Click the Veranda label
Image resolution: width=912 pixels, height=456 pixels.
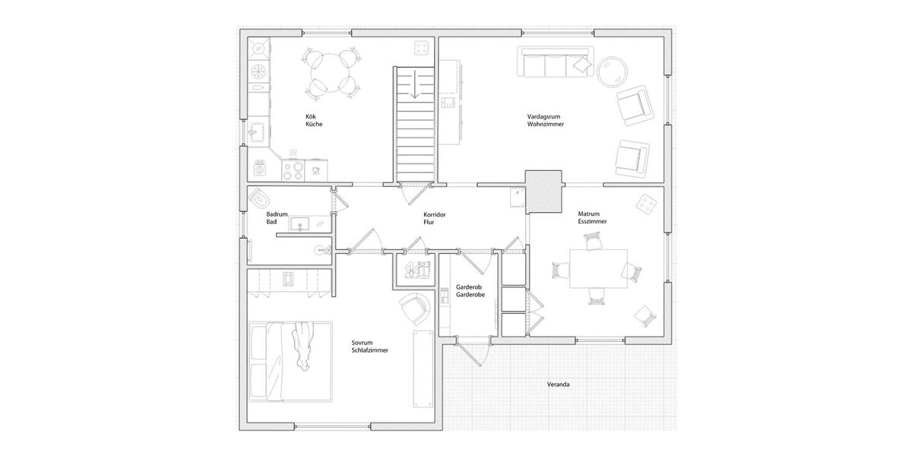559,385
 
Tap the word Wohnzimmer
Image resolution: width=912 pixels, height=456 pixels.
546,124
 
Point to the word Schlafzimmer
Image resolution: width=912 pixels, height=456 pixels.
370,350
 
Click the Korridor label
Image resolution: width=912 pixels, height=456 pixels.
435,215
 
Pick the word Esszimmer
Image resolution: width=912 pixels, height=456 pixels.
592,221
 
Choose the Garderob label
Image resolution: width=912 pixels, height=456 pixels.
467,288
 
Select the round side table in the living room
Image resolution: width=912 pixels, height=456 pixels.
613,73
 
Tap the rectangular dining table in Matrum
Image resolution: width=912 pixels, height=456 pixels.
598,268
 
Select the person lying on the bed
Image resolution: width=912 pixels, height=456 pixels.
302,344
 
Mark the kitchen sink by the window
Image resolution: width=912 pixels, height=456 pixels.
258,131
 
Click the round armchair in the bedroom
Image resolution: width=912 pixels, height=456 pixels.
414,307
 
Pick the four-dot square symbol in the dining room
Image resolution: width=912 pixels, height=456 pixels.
647,204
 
